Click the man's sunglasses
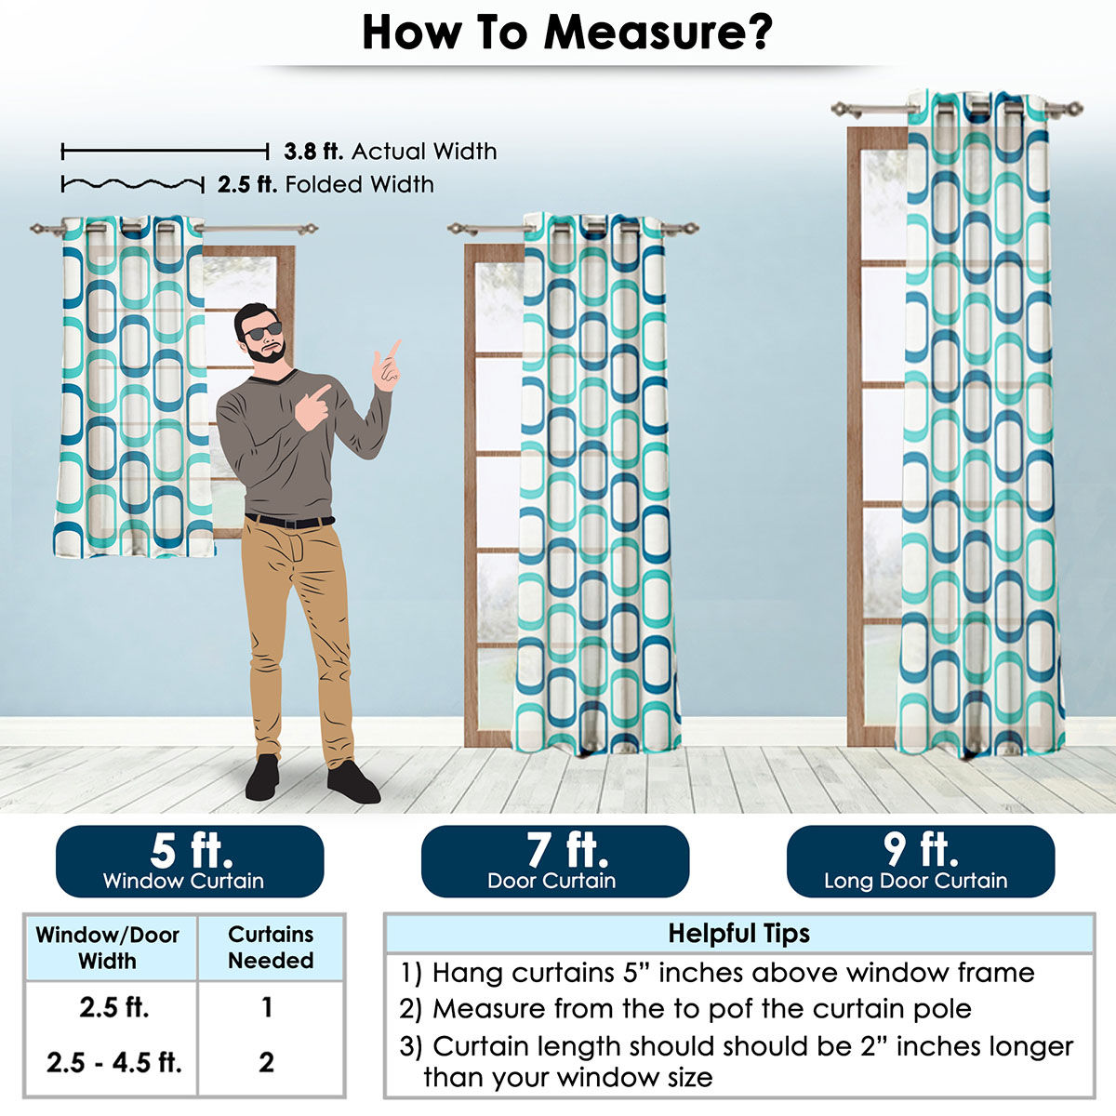coord(262,331)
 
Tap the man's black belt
coord(289,521)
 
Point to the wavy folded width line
coord(133,185)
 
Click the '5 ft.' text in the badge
coord(192,851)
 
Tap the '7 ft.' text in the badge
coord(567,850)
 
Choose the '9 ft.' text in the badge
coord(921,850)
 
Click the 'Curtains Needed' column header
coord(271,948)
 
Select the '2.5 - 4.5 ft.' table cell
coord(114,1063)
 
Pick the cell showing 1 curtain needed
coord(267,1007)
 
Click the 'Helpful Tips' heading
coord(739,933)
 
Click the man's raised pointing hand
coord(386,366)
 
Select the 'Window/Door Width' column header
coord(107,948)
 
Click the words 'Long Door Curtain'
coord(916,881)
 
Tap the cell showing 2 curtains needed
coord(266,1063)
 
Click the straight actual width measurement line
coord(165,152)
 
